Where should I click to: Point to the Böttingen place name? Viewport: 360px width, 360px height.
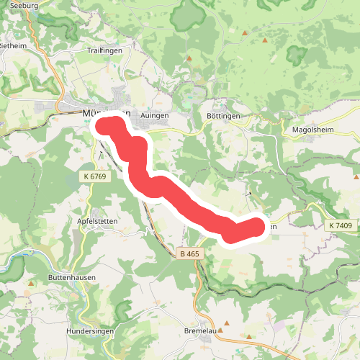(222, 115)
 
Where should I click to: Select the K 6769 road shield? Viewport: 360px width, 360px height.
(94, 176)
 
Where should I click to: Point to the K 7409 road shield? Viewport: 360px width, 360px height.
(341, 226)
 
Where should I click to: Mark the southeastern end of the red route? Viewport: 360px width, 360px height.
(256, 228)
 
